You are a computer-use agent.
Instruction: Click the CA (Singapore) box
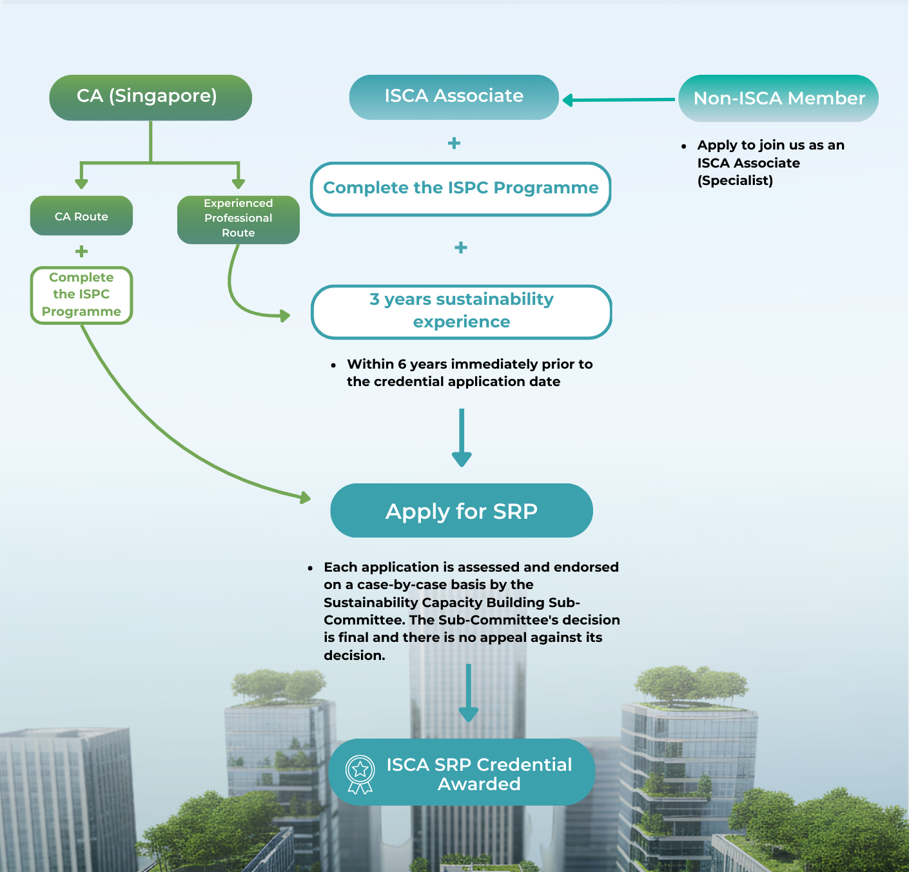150,97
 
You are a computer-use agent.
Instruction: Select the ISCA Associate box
454,97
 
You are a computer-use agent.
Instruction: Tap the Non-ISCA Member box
779,98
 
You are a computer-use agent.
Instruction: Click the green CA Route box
81,216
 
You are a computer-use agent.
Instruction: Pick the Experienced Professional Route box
238,219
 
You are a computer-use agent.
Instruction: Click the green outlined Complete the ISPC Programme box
81,295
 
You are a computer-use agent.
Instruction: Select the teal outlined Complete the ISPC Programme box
460,188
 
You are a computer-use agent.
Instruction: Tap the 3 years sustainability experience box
461,311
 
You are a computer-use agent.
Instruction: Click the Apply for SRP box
461,510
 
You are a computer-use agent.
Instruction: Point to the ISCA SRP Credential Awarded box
461,772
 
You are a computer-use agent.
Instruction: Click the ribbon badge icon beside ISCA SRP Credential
360,773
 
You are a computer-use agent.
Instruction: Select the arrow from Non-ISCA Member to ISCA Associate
619,100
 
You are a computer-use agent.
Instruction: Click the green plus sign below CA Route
81,251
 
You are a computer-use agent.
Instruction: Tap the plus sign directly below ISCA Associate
454,143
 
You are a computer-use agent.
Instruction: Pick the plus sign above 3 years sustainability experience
460,247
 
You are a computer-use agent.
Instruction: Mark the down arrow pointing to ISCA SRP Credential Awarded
469,693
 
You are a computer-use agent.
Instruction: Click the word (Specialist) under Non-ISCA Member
735,180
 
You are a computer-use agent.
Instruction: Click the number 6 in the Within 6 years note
402,364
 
